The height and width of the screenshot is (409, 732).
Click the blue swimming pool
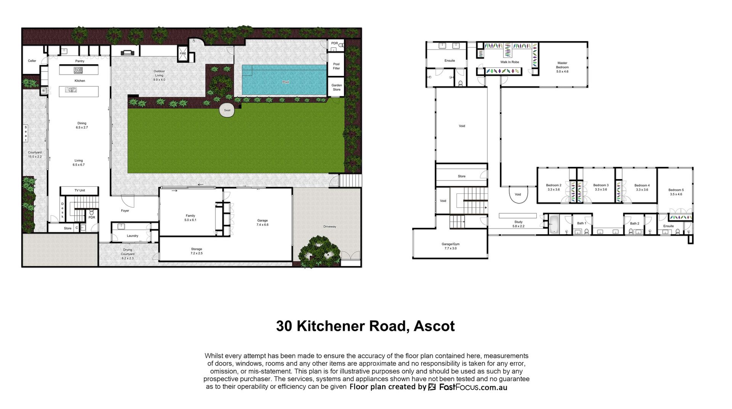click(284, 80)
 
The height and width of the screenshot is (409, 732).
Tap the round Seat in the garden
click(227, 110)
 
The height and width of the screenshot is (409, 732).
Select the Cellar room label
click(32, 61)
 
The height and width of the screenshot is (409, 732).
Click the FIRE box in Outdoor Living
click(183, 53)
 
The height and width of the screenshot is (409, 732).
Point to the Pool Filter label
click(336, 66)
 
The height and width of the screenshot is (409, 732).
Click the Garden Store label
click(337, 88)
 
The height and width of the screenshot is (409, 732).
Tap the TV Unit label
click(80, 190)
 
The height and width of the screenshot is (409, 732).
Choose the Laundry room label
click(133, 236)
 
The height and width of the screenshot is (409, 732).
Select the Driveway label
click(330, 227)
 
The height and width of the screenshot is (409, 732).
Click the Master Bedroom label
click(562, 65)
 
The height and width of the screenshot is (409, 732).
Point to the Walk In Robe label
click(510, 62)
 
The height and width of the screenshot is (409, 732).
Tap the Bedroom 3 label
click(601, 185)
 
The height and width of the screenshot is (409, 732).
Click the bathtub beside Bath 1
click(554, 224)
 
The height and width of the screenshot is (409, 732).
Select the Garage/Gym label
click(451, 244)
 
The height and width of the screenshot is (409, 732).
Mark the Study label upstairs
click(518, 222)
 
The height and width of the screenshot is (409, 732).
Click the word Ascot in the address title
click(434, 326)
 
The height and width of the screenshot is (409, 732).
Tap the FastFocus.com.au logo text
click(473, 387)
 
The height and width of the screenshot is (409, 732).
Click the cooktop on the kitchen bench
click(78, 70)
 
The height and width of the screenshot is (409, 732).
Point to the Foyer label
click(125, 211)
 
